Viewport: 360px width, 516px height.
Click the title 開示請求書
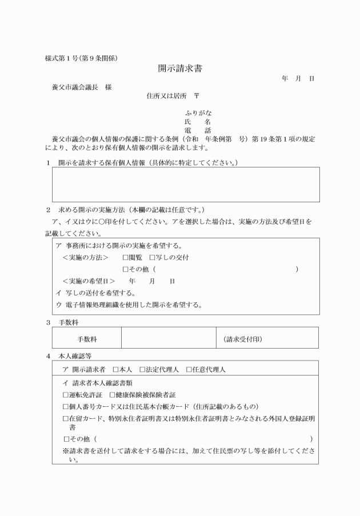point(179,69)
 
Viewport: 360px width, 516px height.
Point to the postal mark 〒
point(197,95)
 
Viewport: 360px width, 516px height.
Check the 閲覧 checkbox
point(126,258)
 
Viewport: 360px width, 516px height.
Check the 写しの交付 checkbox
point(152,258)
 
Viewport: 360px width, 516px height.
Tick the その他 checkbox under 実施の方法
point(126,269)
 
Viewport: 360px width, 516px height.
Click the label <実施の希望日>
point(89,281)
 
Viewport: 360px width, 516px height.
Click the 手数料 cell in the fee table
point(87,339)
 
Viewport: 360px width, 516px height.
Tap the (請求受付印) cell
point(243,339)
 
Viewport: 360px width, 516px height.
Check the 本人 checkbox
point(115,370)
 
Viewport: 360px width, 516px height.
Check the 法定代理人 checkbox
point(142,370)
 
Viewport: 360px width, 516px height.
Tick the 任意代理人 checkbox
point(189,370)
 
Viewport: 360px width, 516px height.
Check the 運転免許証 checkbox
point(65,395)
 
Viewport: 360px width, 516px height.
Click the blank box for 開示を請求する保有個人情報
point(186,185)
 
